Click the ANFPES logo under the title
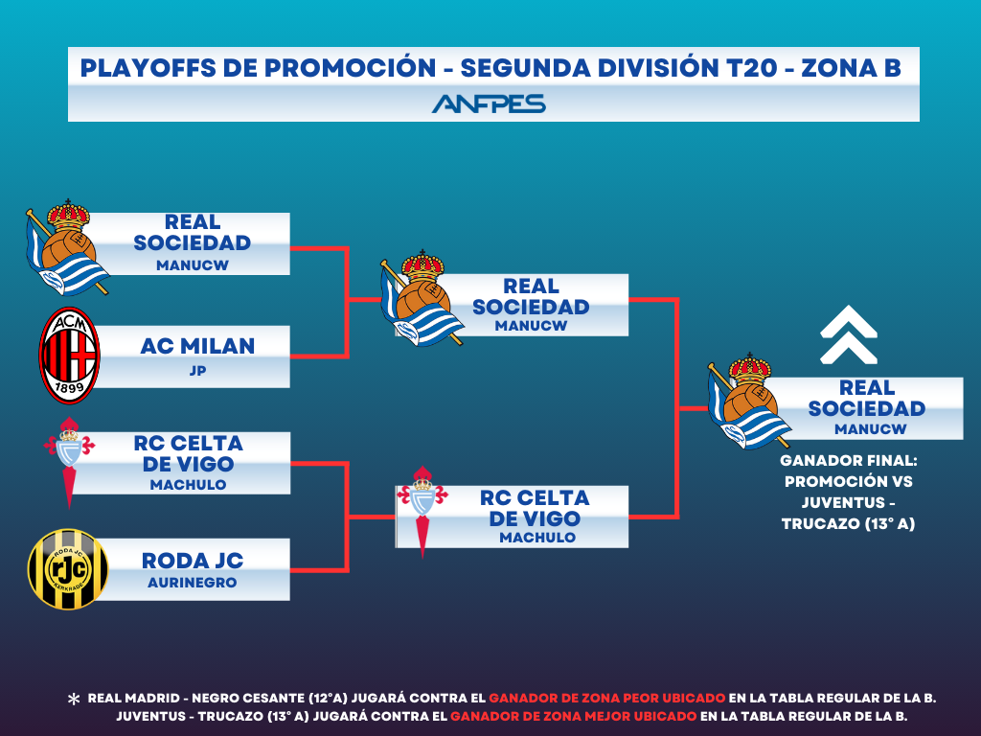point(489,103)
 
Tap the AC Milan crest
point(69,355)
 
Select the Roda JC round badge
point(68,569)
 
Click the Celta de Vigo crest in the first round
point(69,463)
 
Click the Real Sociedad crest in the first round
point(67,248)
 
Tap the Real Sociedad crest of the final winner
point(749,401)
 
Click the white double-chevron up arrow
point(849,334)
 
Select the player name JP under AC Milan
point(197,371)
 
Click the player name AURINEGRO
point(192,583)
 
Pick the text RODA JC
point(193,561)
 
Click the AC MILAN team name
point(197,346)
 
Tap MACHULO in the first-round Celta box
point(189,485)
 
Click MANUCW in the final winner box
point(870,429)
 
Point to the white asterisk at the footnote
point(74,699)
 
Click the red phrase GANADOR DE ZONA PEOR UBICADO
point(606,698)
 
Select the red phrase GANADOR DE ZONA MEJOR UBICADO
point(574,716)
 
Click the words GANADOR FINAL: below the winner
point(849,461)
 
